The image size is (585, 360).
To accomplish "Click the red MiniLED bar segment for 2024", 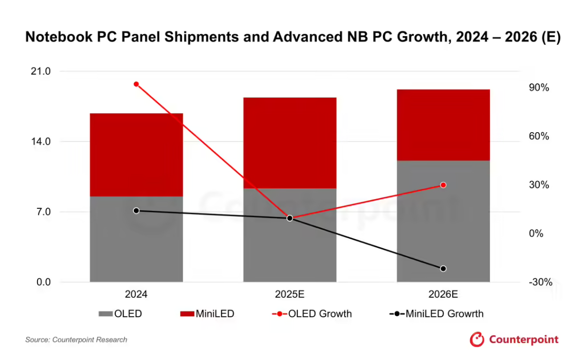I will click(136, 154).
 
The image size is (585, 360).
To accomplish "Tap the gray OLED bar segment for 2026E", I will click(443, 221).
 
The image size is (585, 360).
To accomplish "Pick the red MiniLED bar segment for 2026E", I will click(443, 125).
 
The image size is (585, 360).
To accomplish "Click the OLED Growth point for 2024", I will click(136, 84).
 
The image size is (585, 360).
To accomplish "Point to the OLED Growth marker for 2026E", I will click(443, 185).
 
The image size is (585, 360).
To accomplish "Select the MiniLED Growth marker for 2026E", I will click(443, 268).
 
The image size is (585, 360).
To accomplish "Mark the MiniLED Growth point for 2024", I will click(136, 210).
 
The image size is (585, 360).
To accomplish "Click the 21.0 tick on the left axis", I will click(41, 71).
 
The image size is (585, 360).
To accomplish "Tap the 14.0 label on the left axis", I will click(41, 141).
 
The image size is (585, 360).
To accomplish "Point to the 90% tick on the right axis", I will click(539, 88).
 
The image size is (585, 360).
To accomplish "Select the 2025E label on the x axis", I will click(290, 295).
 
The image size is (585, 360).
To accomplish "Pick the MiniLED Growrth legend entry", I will click(437, 314).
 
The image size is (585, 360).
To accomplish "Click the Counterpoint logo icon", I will click(477, 339).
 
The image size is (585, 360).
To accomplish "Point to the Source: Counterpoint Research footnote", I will click(76, 339).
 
